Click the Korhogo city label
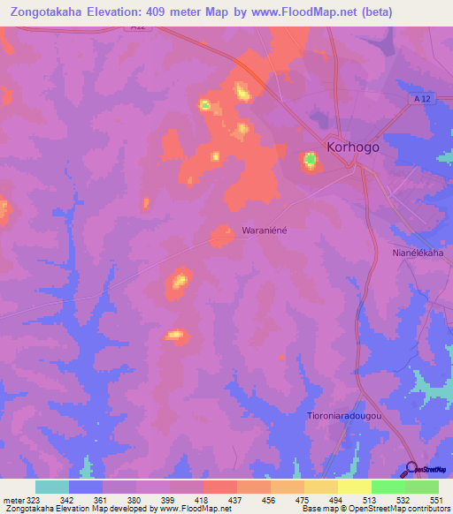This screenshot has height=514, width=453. pyautogui.click(x=353, y=147)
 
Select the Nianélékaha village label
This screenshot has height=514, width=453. pyautogui.click(x=417, y=253)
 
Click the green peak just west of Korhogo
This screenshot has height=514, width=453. pyautogui.click(x=311, y=160)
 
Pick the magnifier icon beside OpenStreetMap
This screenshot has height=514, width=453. pyautogui.click(x=411, y=469)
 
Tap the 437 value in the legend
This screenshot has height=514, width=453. pyautogui.click(x=236, y=499)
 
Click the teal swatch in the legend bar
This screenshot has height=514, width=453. pyautogui.click(x=52, y=487)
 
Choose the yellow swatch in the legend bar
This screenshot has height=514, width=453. pyautogui.click(x=354, y=487)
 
